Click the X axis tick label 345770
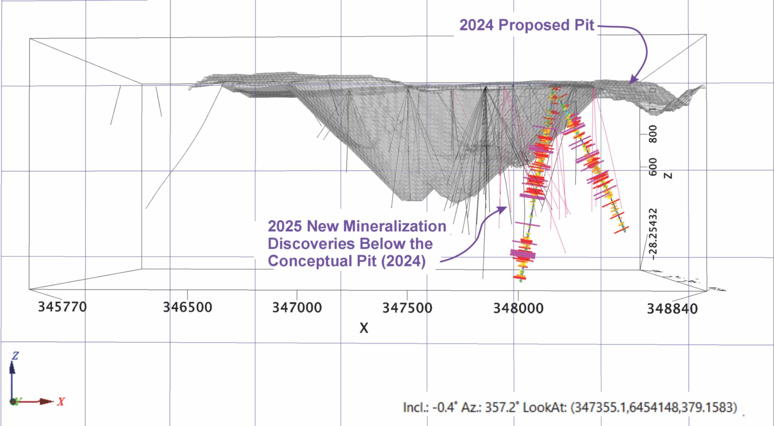(x=62, y=307)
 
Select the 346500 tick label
(x=187, y=307)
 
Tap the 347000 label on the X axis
(x=297, y=308)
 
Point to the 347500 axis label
(x=407, y=308)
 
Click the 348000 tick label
(x=518, y=308)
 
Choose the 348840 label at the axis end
(x=672, y=309)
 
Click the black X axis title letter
(x=364, y=328)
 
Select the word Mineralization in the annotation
(x=395, y=226)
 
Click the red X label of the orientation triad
(x=61, y=402)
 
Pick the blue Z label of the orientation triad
(x=15, y=356)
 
